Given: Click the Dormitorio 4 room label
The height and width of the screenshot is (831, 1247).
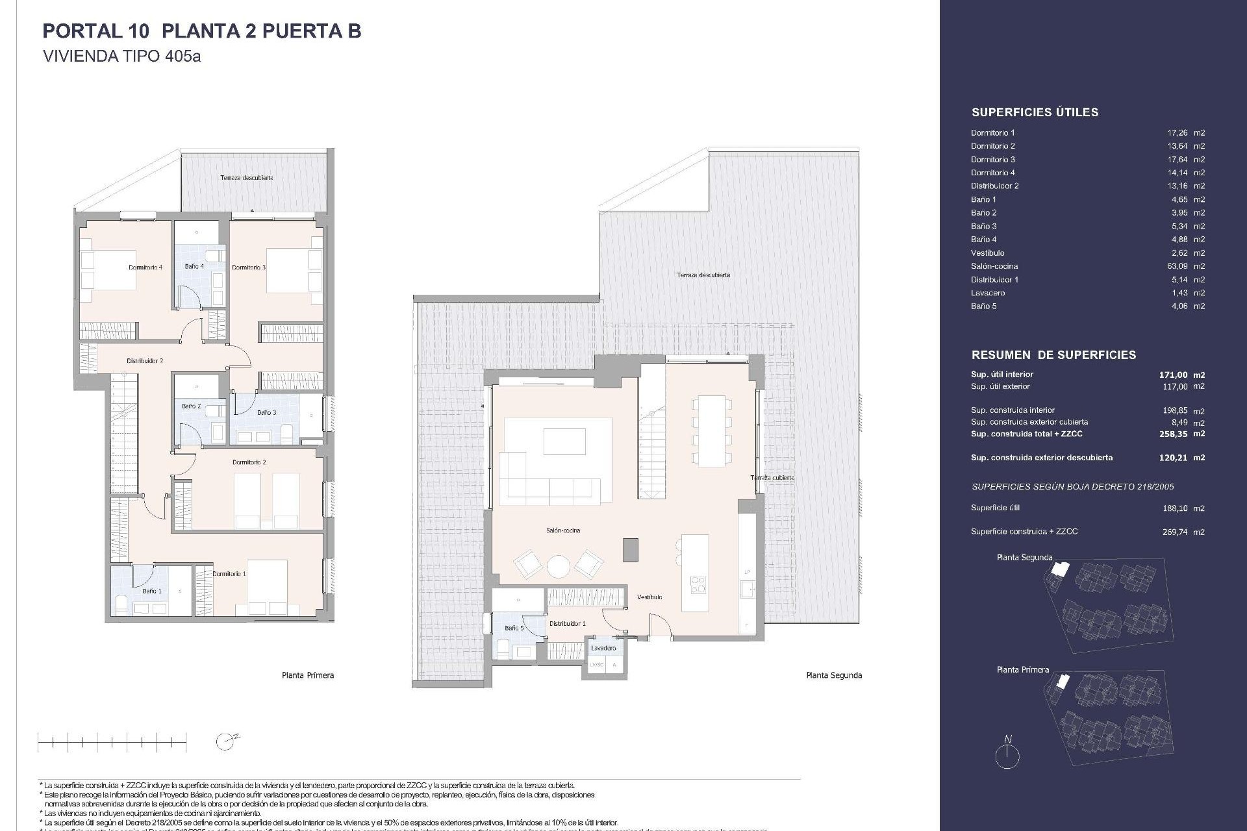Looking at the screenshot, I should coord(145,267).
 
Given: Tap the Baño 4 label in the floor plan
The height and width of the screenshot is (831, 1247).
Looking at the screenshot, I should coord(194,266).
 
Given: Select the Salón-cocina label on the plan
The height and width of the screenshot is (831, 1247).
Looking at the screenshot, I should coord(563,530).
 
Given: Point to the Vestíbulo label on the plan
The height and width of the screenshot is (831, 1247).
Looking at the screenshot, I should coord(649,597).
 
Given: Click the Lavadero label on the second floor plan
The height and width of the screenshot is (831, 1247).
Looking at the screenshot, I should coord(603,648).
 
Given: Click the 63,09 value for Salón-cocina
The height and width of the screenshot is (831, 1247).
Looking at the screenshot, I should coord(1177,266).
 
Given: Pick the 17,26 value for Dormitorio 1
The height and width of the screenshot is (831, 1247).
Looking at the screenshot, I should coord(1177,132).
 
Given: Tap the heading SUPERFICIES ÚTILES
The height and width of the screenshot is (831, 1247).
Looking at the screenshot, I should coord(1035,112).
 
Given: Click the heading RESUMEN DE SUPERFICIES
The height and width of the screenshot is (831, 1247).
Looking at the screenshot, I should coord(1053,355).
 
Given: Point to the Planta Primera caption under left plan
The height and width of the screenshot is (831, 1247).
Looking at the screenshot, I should coord(308,675).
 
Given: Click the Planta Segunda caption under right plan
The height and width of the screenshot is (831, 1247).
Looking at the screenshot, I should coord(834,675).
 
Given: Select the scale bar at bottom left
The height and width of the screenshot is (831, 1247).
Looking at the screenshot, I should coord(112,741).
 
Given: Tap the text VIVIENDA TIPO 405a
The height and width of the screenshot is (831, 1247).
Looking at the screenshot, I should coord(121,56).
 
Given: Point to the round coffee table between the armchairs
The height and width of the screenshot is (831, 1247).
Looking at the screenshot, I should coord(559,567).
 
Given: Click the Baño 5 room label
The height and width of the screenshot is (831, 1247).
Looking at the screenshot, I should coord(514,628).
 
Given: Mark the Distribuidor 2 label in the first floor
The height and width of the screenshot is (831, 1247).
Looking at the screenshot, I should coord(144,360).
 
